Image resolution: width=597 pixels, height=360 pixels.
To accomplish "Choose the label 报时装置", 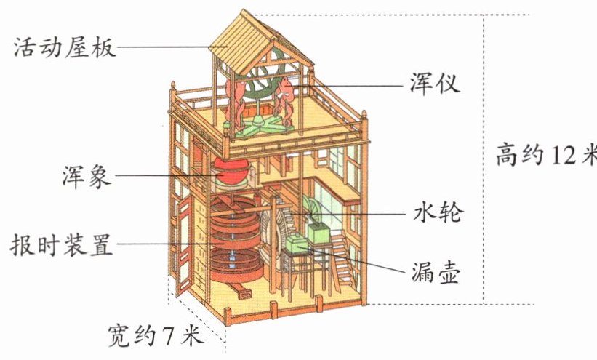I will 62,244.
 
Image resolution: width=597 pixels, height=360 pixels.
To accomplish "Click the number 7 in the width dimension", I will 168,335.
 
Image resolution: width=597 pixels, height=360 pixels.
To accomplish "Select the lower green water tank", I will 297,245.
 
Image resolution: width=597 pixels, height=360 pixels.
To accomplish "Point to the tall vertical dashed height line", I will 485,160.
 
